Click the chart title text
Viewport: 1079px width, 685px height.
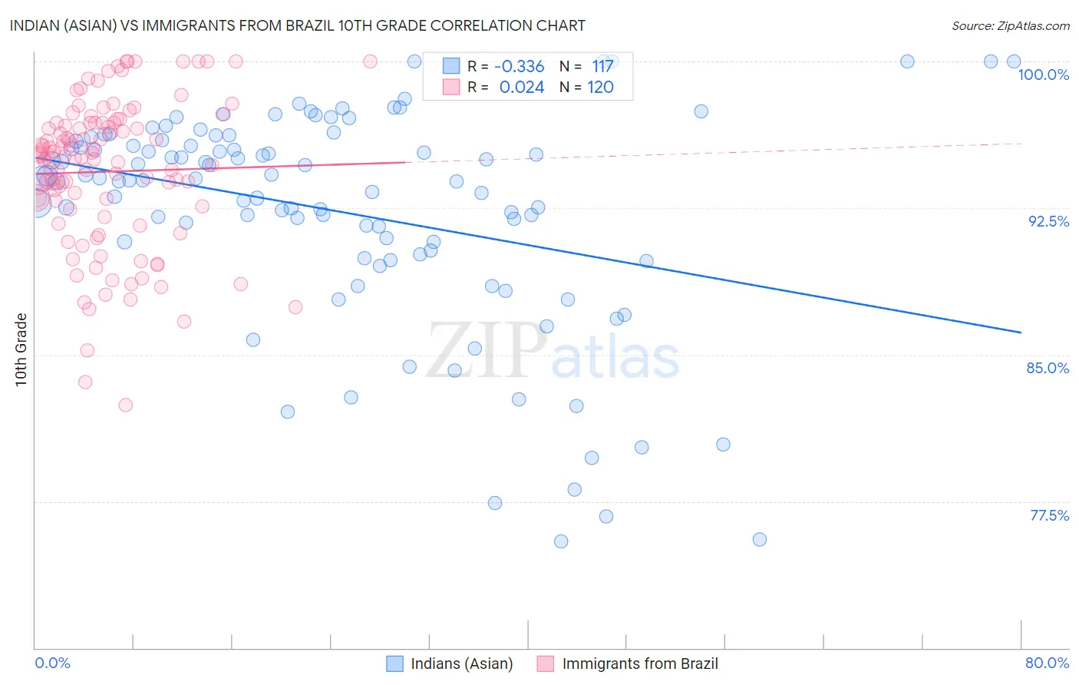[x=297, y=25]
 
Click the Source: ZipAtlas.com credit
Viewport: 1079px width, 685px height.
[x=1010, y=25]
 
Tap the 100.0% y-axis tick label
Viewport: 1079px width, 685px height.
[x=1043, y=74]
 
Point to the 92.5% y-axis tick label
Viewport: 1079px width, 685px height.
[x=1048, y=221]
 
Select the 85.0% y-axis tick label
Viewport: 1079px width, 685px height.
[x=1048, y=368]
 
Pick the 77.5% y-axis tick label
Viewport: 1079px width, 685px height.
[x=1049, y=515]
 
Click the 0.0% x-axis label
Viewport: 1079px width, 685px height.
[x=53, y=663]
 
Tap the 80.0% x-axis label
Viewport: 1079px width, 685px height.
[x=1047, y=663]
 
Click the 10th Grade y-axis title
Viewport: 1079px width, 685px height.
[x=21, y=349]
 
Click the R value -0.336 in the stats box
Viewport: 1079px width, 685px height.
[x=519, y=66]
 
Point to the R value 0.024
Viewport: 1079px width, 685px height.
[x=521, y=87]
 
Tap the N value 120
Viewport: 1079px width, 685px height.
[x=600, y=87]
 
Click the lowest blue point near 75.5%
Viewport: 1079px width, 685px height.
[x=561, y=541]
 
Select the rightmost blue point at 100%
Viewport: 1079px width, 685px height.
[x=1014, y=61]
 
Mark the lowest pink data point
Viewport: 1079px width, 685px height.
[x=126, y=405]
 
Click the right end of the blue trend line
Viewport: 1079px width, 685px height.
[x=1021, y=332]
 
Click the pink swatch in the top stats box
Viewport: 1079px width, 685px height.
[x=450, y=87]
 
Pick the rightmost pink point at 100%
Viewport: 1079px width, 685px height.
[x=370, y=61]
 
